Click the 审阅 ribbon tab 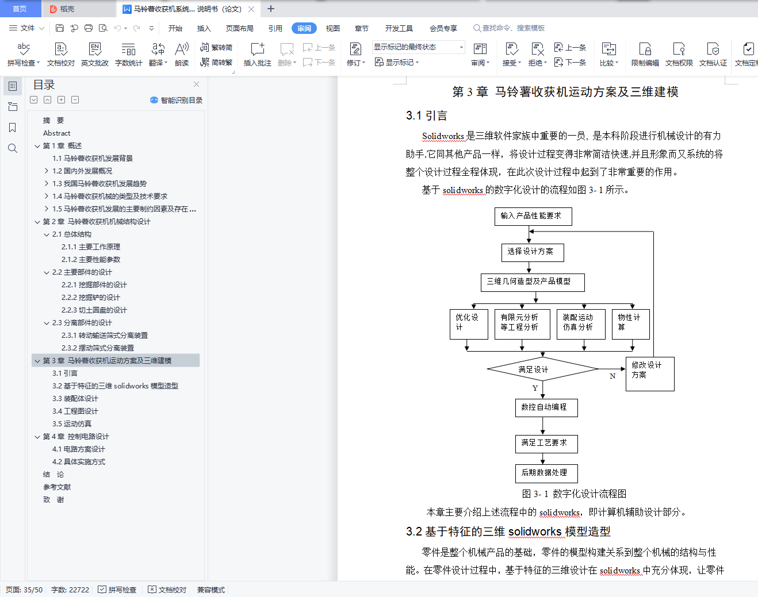pos(304,28)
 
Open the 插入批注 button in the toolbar pos(258,54)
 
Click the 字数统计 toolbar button pos(129,54)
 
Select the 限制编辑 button pos(645,54)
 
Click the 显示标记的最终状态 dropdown pos(419,47)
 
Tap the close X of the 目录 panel pos(196,84)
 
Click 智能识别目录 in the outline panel pos(176,101)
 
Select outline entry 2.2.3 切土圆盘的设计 pos(94,310)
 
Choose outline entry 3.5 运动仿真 pos(72,424)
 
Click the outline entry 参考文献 pos(57,487)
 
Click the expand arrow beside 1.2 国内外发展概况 pos(46,171)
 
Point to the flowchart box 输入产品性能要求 pos(533,216)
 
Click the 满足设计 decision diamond pos(542,369)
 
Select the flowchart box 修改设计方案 pos(650,374)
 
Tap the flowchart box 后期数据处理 pos(546,473)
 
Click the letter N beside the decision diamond pos(612,376)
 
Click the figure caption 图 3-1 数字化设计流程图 pos(574,494)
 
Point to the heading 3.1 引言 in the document pos(426,115)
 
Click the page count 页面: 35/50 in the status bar pos(24,590)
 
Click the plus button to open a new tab pos(270,9)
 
